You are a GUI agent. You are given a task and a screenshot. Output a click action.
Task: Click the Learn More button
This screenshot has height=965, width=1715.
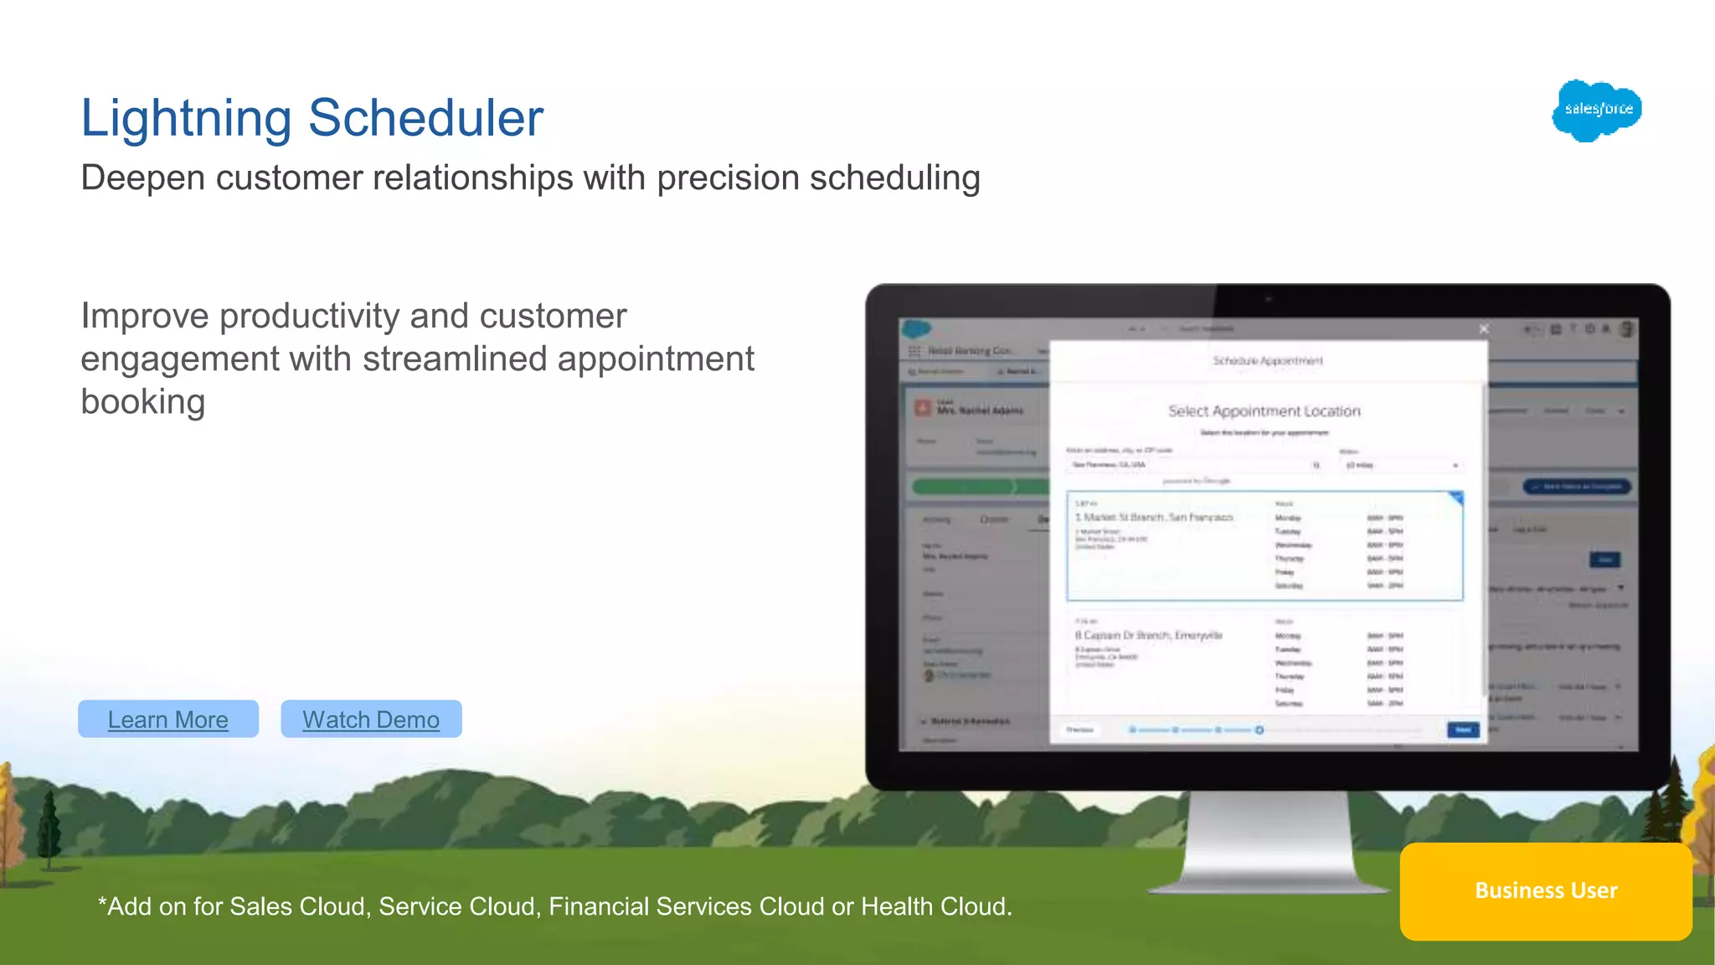point(167,720)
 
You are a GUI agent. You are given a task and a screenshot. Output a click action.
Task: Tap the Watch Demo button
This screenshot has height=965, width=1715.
point(371,720)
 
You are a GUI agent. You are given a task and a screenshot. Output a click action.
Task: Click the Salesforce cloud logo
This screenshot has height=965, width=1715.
point(1596,110)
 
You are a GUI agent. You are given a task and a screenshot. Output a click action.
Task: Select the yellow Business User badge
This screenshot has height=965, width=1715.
point(1545,891)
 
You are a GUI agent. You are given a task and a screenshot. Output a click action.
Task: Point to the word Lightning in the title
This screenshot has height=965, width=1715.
point(186,118)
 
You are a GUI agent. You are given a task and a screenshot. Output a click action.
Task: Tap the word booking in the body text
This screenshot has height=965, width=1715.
point(142,402)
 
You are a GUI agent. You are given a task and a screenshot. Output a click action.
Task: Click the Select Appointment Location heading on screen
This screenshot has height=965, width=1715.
point(1264,411)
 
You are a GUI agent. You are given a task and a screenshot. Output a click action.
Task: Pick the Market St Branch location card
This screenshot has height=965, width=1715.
point(1264,546)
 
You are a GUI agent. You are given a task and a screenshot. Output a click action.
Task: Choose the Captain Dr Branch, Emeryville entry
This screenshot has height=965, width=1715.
point(1149,636)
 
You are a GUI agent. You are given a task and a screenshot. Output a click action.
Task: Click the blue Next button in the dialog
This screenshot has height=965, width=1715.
point(1462,730)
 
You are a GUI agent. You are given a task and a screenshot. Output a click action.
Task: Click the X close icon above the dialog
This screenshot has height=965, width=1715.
point(1484,329)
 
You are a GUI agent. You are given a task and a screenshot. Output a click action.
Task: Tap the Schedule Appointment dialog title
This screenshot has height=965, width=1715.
point(1268,361)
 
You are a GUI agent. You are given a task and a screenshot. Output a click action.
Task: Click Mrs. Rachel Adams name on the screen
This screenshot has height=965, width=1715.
point(980,410)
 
